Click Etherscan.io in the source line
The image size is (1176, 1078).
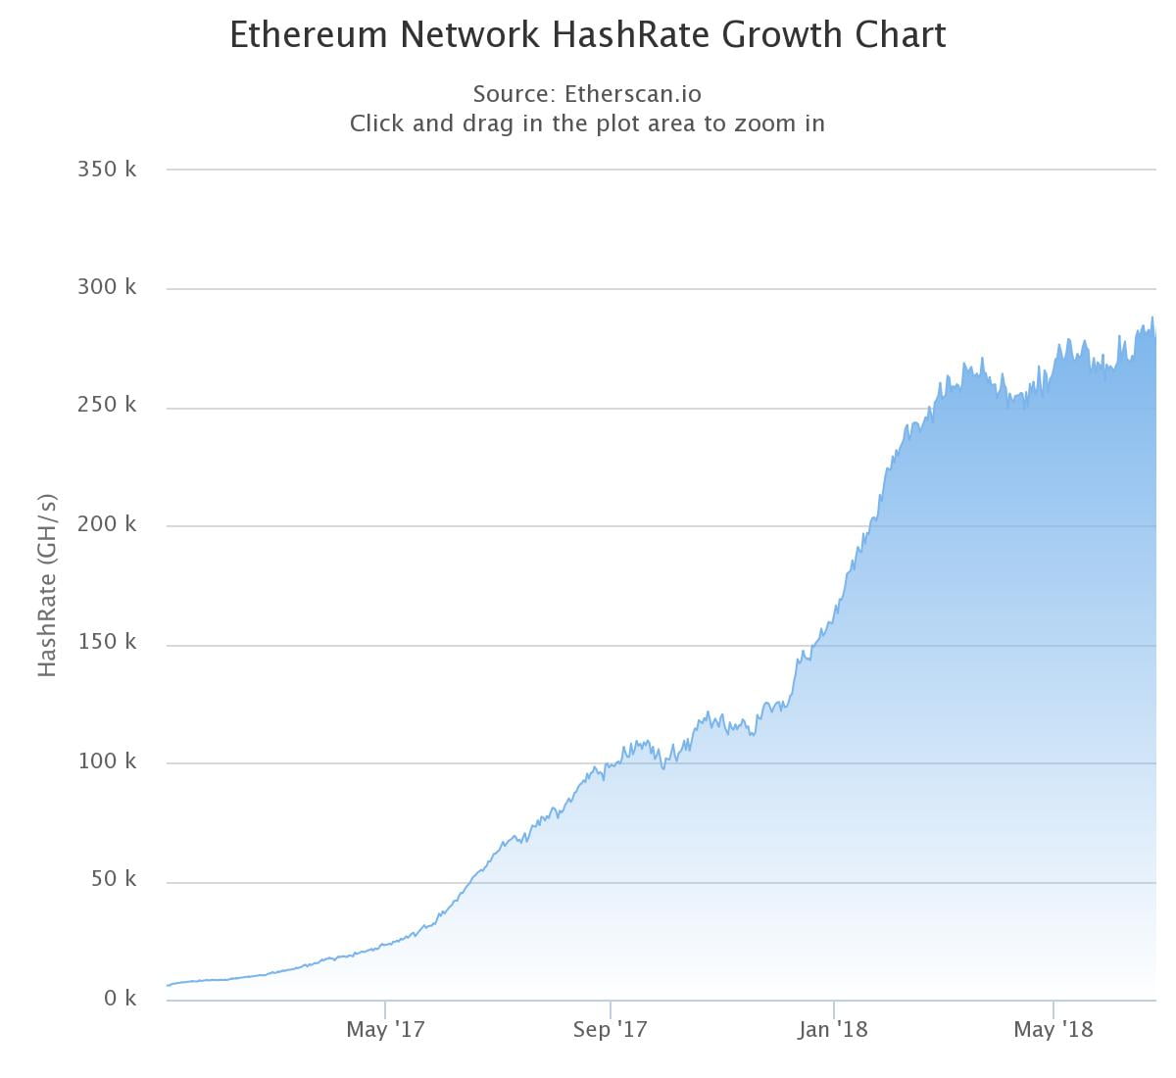pos(633,94)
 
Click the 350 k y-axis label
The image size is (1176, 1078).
pos(107,169)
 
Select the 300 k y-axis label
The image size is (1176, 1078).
pos(107,287)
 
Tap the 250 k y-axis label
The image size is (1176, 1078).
pos(107,405)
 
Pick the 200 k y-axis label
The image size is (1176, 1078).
pos(107,523)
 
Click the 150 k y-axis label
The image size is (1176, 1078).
pos(107,642)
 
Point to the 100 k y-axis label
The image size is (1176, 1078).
pos(107,760)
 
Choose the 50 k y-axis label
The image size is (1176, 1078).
pos(114,879)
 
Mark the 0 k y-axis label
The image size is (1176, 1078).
pos(120,998)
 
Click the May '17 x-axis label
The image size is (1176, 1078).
pos(385,1029)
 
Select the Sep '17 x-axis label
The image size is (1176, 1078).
pos(610,1029)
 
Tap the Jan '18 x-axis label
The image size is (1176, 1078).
pos(833,1029)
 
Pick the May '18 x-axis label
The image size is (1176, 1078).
pos(1053,1029)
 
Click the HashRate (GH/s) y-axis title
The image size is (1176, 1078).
pos(47,585)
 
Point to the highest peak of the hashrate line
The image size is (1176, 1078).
pos(1152,317)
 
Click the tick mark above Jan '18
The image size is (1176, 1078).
pos(833,1008)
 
